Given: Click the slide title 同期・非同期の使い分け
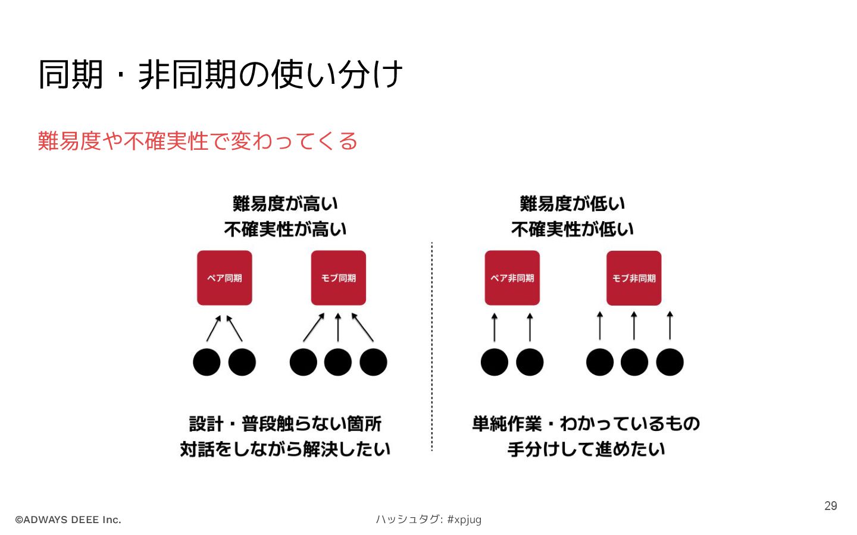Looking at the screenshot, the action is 220,75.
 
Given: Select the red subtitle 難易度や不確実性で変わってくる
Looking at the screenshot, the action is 198,141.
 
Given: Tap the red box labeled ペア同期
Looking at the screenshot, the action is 224,278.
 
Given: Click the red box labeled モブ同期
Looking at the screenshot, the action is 338,278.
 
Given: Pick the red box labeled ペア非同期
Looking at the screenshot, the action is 512,278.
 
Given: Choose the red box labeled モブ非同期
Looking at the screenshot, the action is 634,278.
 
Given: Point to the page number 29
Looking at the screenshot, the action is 830,506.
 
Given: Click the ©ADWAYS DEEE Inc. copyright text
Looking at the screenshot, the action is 68,520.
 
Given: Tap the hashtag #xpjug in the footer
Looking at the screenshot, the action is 464,520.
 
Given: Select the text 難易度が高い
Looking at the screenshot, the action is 285,204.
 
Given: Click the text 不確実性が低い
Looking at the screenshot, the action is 573,229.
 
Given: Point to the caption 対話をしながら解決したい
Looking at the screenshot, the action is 285,449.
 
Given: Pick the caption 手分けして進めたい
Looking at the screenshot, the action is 586,449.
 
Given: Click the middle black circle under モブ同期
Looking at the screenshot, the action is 338,362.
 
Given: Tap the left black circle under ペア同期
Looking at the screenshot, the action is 207,362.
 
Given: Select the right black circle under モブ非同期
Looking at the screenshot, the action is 670,362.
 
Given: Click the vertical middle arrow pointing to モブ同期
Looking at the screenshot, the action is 338,327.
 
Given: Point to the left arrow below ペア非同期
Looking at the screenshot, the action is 494,327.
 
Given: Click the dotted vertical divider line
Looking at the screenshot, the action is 431,345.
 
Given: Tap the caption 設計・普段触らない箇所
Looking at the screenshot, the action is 285,424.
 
